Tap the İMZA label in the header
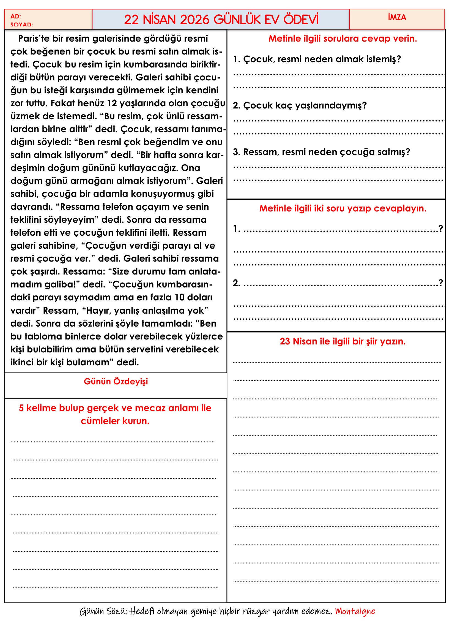(x=397, y=17)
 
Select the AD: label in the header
(x=16, y=16)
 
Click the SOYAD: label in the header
(x=21, y=25)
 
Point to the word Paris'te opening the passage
(x=34, y=39)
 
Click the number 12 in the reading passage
(x=112, y=103)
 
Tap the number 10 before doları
(x=179, y=297)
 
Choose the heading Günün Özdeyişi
(x=116, y=381)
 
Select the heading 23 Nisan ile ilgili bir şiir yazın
(x=342, y=341)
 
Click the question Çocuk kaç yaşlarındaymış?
(x=305, y=105)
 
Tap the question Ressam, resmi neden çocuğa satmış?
(x=327, y=152)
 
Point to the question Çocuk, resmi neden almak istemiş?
(x=322, y=59)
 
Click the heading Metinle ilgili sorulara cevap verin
(x=342, y=39)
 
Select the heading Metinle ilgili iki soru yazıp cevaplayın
(x=342, y=208)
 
